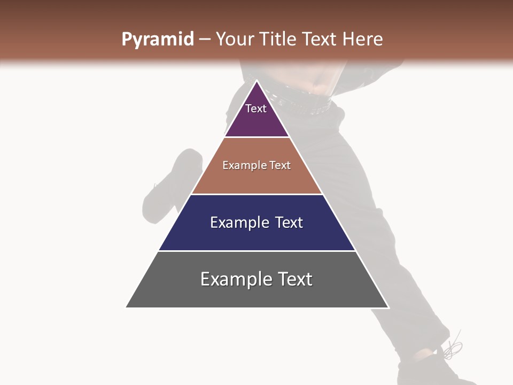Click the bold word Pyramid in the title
[x=157, y=40]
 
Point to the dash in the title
[x=204, y=40]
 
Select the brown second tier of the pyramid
[x=256, y=179]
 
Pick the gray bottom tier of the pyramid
[x=256, y=294]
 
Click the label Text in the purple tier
[x=255, y=109]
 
